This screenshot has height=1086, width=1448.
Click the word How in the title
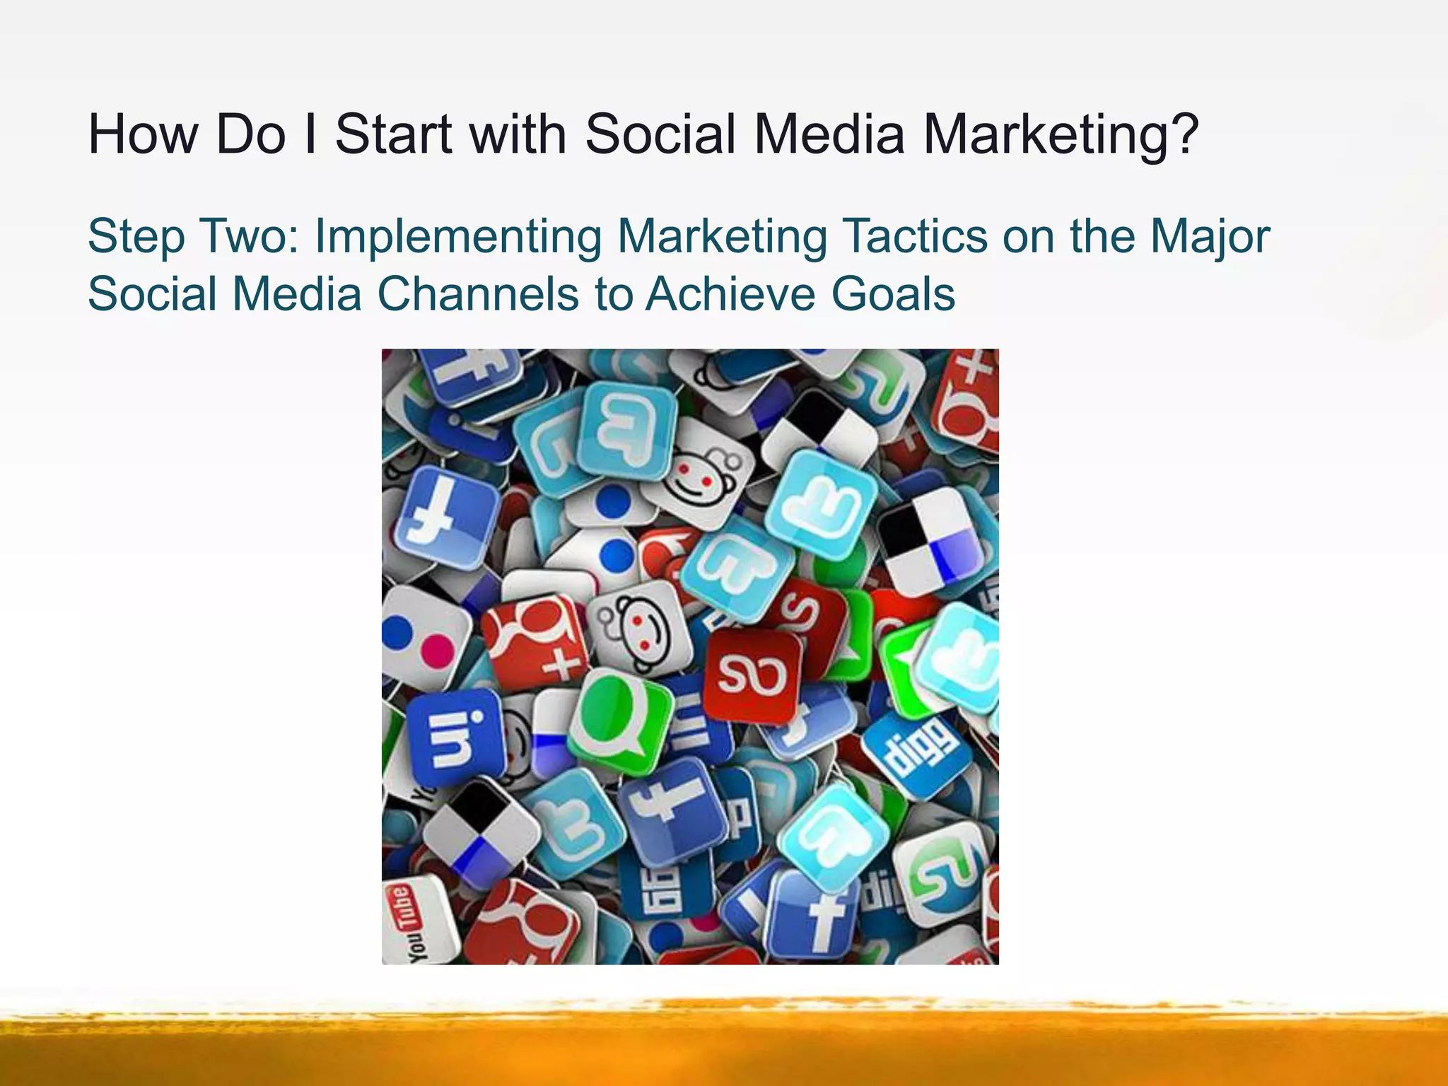pyautogui.click(x=143, y=134)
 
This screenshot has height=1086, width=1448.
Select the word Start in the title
pyautogui.click(x=393, y=134)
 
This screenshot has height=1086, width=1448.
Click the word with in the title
pyautogui.click(x=518, y=134)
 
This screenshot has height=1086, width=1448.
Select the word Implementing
pyautogui.click(x=457, y=237)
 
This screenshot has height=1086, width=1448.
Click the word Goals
pyautogui.click(x=893, y=294)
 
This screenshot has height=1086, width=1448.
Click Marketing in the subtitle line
pyautogui.click(x=721, y=237)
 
